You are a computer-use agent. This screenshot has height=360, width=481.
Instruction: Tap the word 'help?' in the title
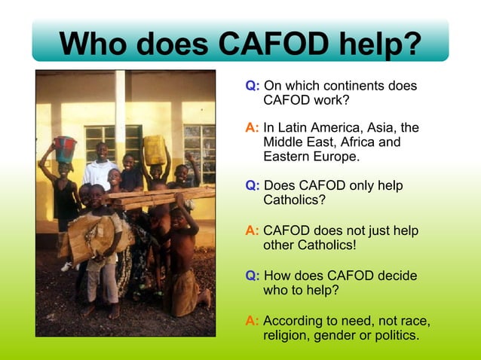(x=381, y=43)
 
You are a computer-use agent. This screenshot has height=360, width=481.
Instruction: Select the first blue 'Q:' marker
(x=253, y=87)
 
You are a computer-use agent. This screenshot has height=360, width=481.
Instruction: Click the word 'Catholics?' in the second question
(x=294, y=200)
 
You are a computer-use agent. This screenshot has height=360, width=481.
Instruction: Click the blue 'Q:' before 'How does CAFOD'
(x=253, y=276)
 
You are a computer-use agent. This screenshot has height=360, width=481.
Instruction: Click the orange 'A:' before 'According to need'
(x=253, y=321)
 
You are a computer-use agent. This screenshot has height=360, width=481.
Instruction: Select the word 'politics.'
(x=393, y=334)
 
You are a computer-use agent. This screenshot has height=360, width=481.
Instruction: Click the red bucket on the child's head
(x=66, y=149)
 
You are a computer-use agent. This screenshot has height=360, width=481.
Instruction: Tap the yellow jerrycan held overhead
(x=155, y=149)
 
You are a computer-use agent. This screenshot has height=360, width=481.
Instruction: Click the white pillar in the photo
(x=121, y=113)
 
